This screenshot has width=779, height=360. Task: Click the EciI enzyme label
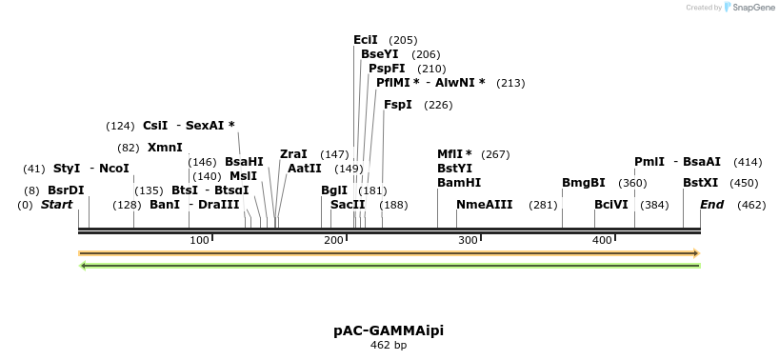tap(366, 40)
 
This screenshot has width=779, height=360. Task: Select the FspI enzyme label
tap(398, 105)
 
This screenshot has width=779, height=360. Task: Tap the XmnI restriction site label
tap(165, 148)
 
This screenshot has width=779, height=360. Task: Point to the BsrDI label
tap(66, 190)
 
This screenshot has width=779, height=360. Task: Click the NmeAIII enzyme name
tap(485, 205)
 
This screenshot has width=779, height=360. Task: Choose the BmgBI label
tap(583, 183)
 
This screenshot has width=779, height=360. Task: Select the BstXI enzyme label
tap(700, 183)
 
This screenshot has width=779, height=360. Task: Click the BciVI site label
tap(611, 205)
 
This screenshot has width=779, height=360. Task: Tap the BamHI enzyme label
tap(459, 183)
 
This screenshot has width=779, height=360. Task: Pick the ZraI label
tap(293, 154)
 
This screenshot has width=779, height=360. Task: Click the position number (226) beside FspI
tap(438, 105)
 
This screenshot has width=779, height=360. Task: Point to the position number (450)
tap(744, 183)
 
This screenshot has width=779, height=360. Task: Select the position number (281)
tap(543, 205)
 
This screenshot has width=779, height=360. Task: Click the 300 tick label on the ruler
tap(468, 240)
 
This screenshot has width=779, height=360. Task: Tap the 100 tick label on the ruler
tap(199, 240)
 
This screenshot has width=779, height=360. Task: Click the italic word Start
tap(56, 205)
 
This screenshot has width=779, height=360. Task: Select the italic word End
tap(712, 205)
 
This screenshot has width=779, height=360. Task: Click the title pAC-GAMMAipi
tap(389, 330)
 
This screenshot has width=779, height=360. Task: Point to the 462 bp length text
tap(389, 346)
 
